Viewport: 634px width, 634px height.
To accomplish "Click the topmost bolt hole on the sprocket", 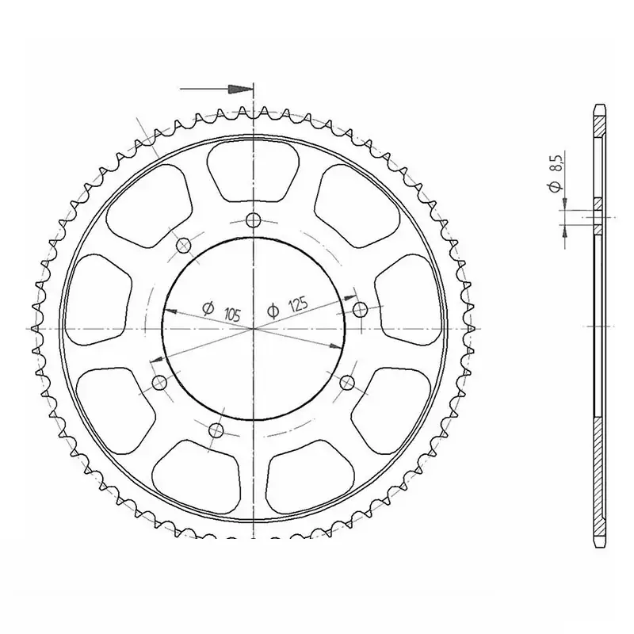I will (x=253, y=220).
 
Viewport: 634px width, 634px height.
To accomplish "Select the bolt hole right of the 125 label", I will (x=360, y=309).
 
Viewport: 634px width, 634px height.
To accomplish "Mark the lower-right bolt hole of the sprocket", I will (x=346, y=383).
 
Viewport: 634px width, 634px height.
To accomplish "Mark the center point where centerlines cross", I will (x=253, y=327).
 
